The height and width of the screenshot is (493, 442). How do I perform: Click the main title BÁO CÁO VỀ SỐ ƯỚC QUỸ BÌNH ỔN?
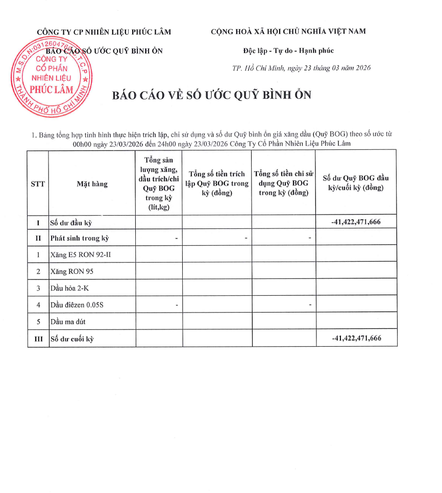click(211, 95)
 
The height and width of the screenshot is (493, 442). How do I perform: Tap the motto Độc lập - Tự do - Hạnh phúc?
click(288, 50)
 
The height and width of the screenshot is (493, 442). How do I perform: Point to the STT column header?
click(38, 184)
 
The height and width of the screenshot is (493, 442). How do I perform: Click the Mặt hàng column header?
click(92, 184)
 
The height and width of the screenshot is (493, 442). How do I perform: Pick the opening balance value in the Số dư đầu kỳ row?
click(356, 222)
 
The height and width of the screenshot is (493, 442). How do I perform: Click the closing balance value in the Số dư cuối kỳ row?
click(356, 339)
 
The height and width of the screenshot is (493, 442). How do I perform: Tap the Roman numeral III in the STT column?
click(38, 339)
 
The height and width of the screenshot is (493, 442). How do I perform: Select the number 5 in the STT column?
click(38, 322)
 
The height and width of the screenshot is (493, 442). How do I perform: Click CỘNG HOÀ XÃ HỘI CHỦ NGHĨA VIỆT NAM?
click(288, 32)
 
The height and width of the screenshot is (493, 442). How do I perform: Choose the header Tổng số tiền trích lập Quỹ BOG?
click(216, 184)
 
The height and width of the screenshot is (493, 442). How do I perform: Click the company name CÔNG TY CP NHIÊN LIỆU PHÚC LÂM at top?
click(104, 32)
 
